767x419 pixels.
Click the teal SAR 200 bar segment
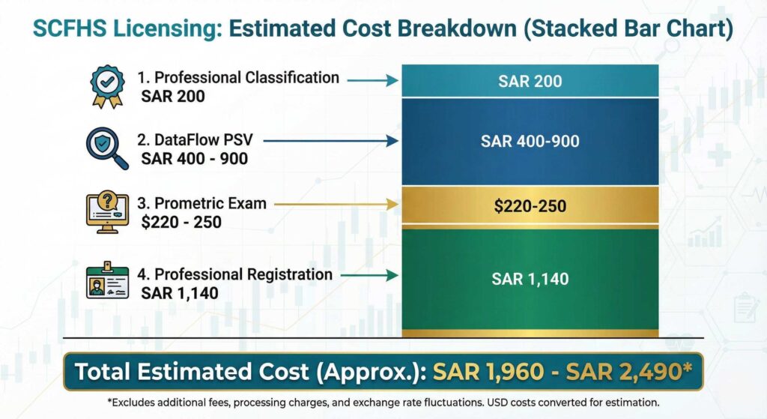click(x=530, y=81)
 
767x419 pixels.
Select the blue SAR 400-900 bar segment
click(x=530, y=141)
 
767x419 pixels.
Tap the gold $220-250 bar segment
click(x=530, y=205)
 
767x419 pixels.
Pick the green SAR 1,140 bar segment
click(x=530, y=279)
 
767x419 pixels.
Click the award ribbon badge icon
click(x=106, y=85)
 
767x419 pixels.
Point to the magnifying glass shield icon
click(x=107, y=146)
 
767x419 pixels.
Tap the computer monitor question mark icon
click(x=107, y=211)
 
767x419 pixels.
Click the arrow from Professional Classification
click(x=372, y=79)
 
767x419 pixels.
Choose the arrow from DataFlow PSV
click(x=330, y=140)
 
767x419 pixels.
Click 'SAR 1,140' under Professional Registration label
click(x=180, y=293)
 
